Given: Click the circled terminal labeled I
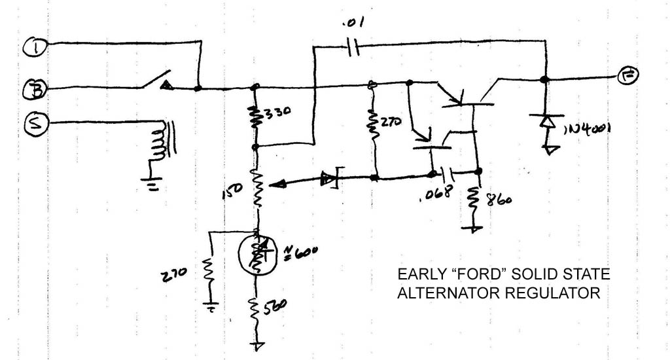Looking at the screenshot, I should click(x=32, y=46).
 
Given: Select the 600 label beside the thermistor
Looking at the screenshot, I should click(x=300, y=251).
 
